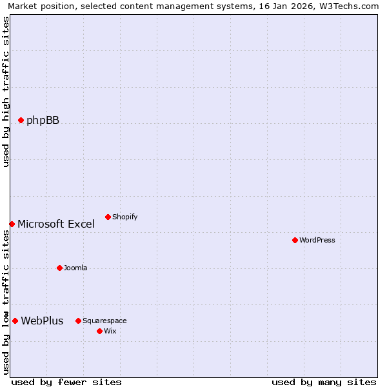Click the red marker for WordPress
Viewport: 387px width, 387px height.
(x=295, y=240)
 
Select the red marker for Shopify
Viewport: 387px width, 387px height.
(x=108, y=217)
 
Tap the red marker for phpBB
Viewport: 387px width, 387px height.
(x=21, y=120)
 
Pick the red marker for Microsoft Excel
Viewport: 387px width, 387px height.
(x=12, y=224)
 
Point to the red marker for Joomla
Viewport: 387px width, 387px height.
(x=59, y=268)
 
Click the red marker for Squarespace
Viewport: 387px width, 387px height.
(x=78, y=321)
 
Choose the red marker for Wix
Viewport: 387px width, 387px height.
(x=99, y=331)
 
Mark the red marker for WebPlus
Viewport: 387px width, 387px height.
(x=15, y=321)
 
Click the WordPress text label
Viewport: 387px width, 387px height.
(x=317, y=240)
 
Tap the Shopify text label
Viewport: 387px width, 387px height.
(x=125, y=217)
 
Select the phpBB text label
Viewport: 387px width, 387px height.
(x=43, y=120)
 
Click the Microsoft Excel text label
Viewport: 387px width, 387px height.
(x=56, y=224)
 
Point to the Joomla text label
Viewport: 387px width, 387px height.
(x=75, y=268)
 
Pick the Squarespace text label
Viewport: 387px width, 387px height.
(x=104, y=321)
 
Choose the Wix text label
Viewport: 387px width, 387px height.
(x=110, y=331)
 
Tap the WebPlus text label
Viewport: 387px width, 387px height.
(x=42, y=321)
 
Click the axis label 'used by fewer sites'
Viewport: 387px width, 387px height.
(x=66, y=382)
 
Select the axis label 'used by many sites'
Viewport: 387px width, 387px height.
(x=324, y=382)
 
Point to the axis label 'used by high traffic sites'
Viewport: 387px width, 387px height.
(x=6, y=92)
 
